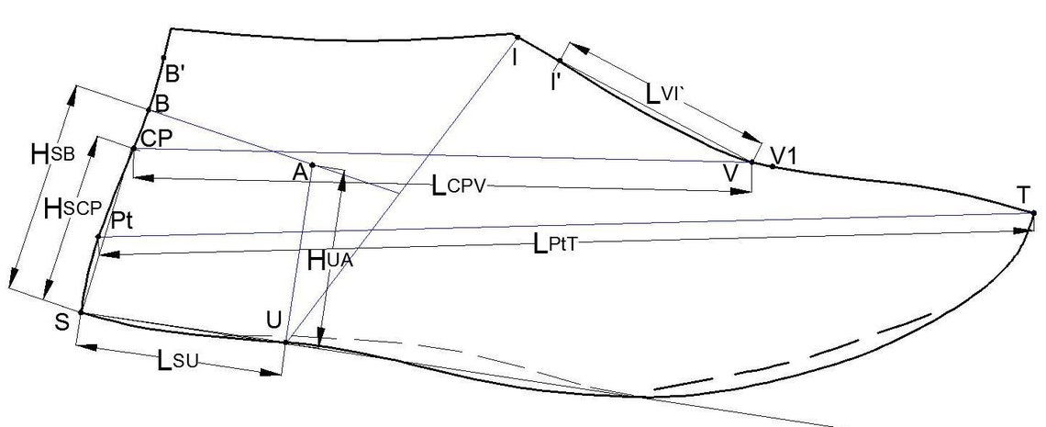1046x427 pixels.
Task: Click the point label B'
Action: tap(175, 74)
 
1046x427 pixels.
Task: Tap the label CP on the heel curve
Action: tap(157, 138)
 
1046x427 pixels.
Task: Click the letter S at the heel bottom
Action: tap(62, 323)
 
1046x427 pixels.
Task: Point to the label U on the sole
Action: tap(273, 320)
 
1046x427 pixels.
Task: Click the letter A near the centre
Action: tap(300, 173)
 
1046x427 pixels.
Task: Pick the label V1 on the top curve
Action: tap(784, 155)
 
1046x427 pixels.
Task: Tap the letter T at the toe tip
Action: tap(1024, 196)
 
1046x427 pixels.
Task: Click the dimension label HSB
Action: tap(52, 154)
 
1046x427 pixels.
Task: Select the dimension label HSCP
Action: tap(72, 209)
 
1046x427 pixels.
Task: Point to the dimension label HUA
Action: tap(329, 260)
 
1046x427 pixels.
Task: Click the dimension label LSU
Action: tap(178, 361)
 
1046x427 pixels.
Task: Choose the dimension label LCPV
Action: tap(461, 186)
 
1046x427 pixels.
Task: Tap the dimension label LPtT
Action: tap(554, 245)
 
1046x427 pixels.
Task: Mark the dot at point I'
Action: tap(560, 61)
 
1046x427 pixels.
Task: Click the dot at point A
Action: tap(312, 164)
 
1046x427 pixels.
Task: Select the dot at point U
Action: tap(285, 343)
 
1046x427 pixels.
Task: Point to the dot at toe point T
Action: tap(1033, 213)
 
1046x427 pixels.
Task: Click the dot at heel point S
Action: tap(82, 312)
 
